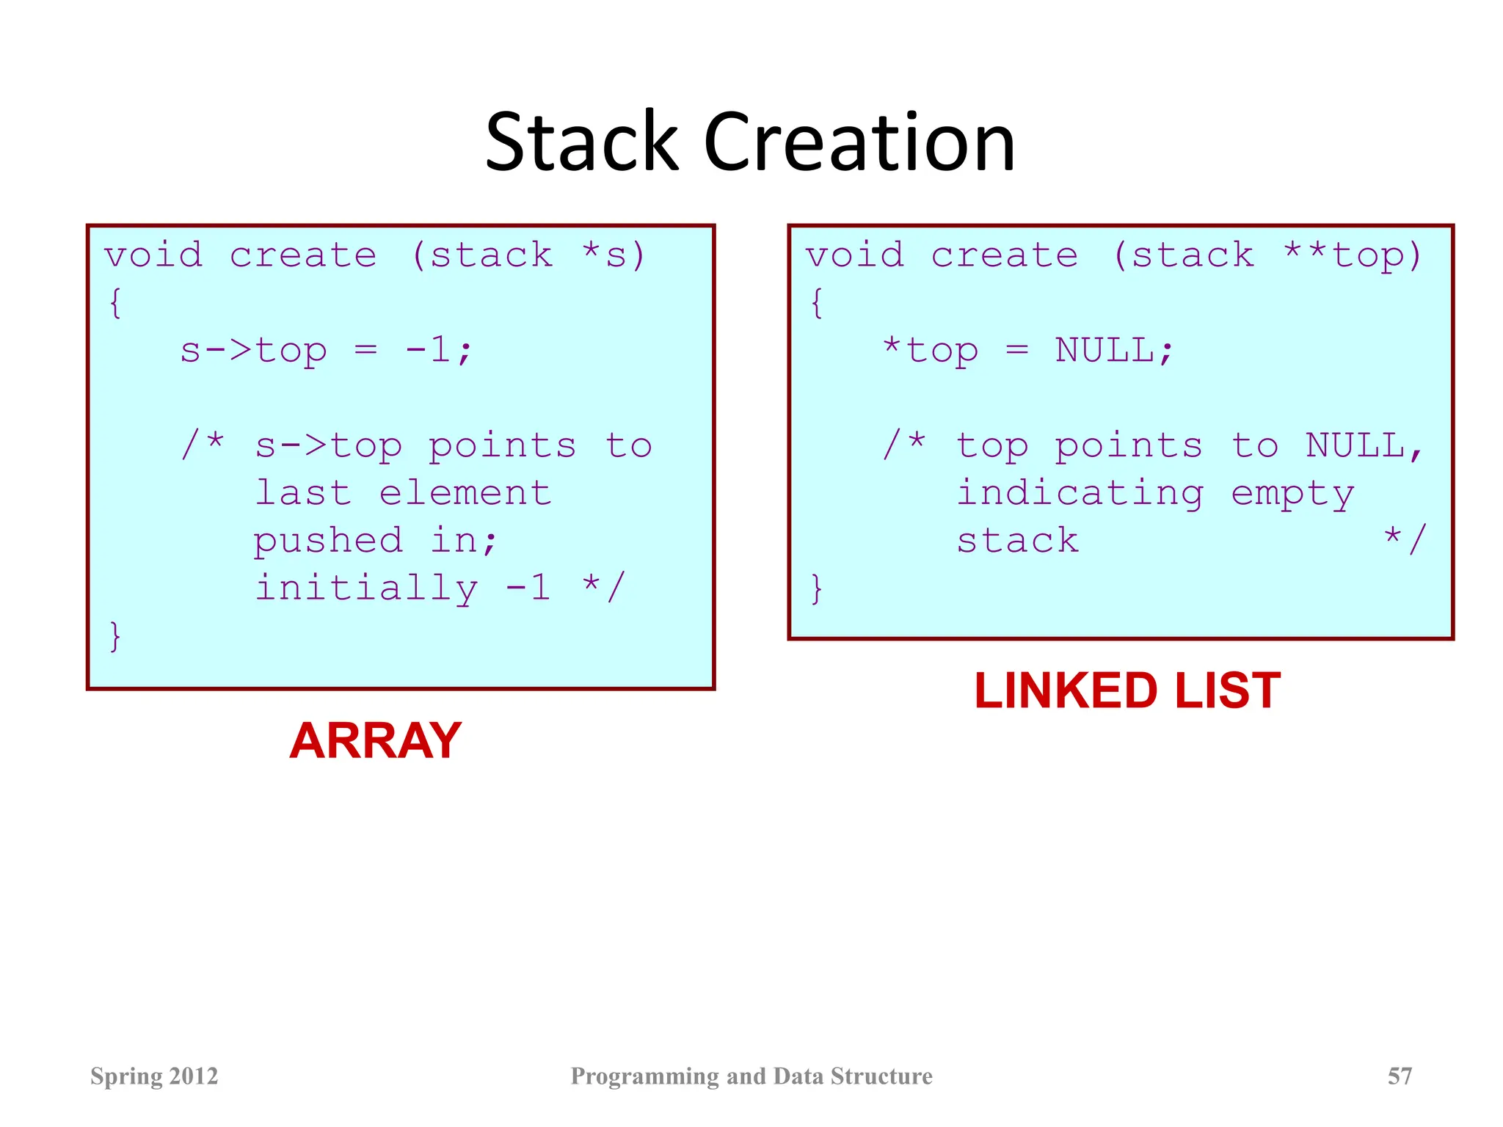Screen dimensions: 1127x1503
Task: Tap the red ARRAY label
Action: point(375,740)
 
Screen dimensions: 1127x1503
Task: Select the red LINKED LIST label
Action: point(1127,691)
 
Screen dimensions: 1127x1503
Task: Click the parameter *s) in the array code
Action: point(614,255)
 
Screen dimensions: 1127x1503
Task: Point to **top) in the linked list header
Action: point(1353,255)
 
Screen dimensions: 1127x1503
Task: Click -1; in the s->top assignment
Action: point(439,350)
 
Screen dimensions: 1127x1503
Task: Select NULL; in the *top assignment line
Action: point(1114,350)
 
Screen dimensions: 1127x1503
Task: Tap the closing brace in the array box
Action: point(114,635)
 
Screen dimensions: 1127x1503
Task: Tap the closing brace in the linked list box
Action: point(816,588)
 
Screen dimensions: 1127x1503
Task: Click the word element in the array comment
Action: point(465,492)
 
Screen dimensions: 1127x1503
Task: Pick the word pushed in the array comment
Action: point(328,541)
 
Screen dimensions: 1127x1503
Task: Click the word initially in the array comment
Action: point(366,588)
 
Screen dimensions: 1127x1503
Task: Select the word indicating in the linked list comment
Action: point(1080,492)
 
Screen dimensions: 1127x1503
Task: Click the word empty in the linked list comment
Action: point(1292,494)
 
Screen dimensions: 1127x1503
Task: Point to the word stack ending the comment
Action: point(1017,541)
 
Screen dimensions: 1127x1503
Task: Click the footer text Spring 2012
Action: point(154,1076)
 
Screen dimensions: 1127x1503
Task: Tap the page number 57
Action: point(1400,1076)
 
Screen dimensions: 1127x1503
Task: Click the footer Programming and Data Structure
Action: point(751,1076)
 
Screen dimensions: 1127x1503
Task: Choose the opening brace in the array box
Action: point(114,302)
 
